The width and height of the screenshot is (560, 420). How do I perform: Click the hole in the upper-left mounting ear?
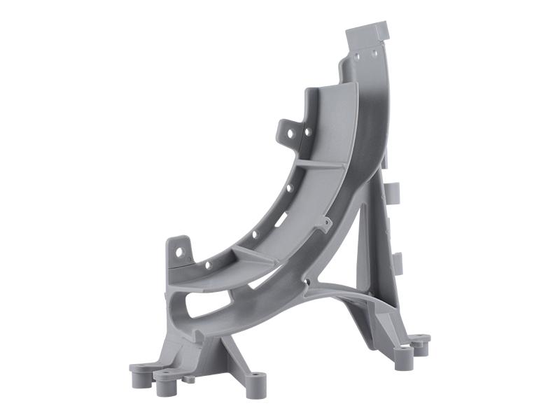306,130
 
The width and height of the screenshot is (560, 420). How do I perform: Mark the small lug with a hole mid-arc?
325,223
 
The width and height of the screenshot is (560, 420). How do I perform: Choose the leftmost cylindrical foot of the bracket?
138,374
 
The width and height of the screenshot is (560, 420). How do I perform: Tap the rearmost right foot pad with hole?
421,341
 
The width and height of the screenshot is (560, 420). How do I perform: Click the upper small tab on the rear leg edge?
394,192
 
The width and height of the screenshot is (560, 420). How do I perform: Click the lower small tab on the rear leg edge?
398,262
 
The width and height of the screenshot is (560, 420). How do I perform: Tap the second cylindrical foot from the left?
164,382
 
